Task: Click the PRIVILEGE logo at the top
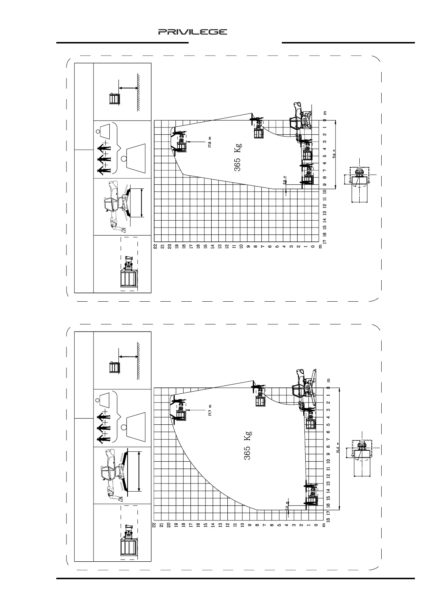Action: click(x=192, y=32)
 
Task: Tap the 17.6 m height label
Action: click(x=210, y=142)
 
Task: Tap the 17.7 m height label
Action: click(x=210, y=411)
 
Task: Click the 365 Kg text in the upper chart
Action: click(x=238, y=157)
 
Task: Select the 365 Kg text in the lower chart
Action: click(x=247, y=445)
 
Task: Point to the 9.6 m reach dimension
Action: click(x=334, y=155)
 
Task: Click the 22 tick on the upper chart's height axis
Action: click(x=155, y=247)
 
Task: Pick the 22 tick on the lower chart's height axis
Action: click(x=154, y=525)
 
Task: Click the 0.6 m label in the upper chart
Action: click(x=285, y=181)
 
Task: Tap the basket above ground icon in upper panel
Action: click(x=115, y=99)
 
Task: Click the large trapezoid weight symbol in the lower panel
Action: click(x=135, y=425)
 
